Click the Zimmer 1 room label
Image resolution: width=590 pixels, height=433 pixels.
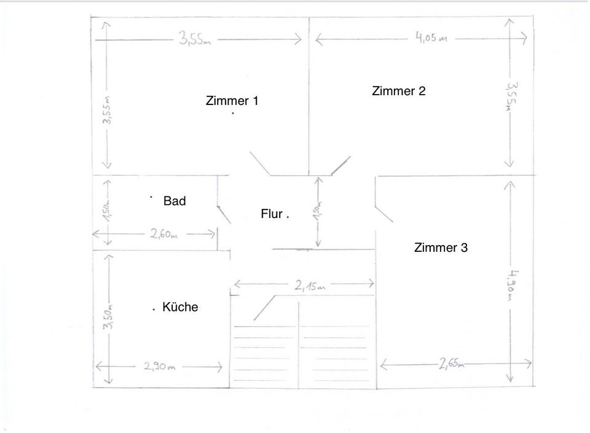point(232,101)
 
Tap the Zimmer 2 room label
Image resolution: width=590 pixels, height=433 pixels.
point(398,91)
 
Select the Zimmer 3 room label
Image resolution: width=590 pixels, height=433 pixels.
point(441,248)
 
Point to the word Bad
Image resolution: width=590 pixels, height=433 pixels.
point(175,201)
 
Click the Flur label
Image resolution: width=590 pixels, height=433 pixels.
point(272,214)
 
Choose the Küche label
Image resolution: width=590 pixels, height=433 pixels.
point(180,307)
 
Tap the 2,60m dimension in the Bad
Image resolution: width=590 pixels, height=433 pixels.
point(163,234)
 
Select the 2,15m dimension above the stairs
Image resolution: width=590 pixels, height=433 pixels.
point(309,286)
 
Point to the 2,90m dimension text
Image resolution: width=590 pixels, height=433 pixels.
point(160,367)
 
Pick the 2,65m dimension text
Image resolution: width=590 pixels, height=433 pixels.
point(452,364)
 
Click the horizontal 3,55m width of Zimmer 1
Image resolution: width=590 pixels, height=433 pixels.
point(195,39)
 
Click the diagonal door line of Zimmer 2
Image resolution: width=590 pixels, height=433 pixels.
point(340,165)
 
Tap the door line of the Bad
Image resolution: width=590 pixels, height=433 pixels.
point(224,213)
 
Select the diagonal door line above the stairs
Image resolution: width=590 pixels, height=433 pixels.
point(264,307)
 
